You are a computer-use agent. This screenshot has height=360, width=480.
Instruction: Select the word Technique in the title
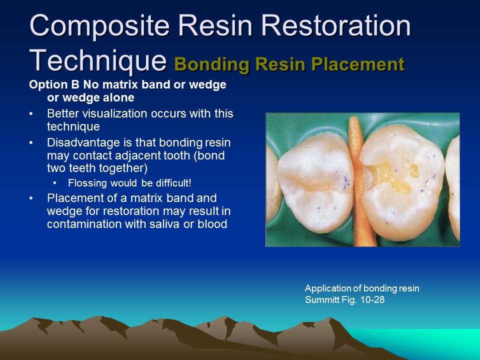tap(97, 60)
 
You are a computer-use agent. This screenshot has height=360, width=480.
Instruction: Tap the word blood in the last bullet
tap(215, 224)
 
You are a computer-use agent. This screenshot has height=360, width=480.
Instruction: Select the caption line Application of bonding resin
tap(362, 288)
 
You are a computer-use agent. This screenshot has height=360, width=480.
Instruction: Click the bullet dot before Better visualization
tap(31, 114)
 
